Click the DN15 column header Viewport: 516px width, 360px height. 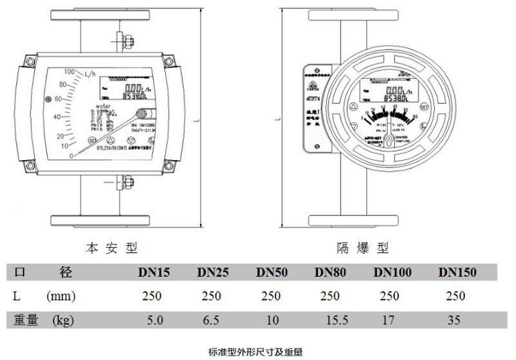coord(154,272)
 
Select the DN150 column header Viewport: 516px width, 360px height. coord(457,272)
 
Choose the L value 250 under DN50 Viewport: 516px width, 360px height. coord(272,296)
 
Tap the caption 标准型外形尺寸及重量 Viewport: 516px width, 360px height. coord(255,352)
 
